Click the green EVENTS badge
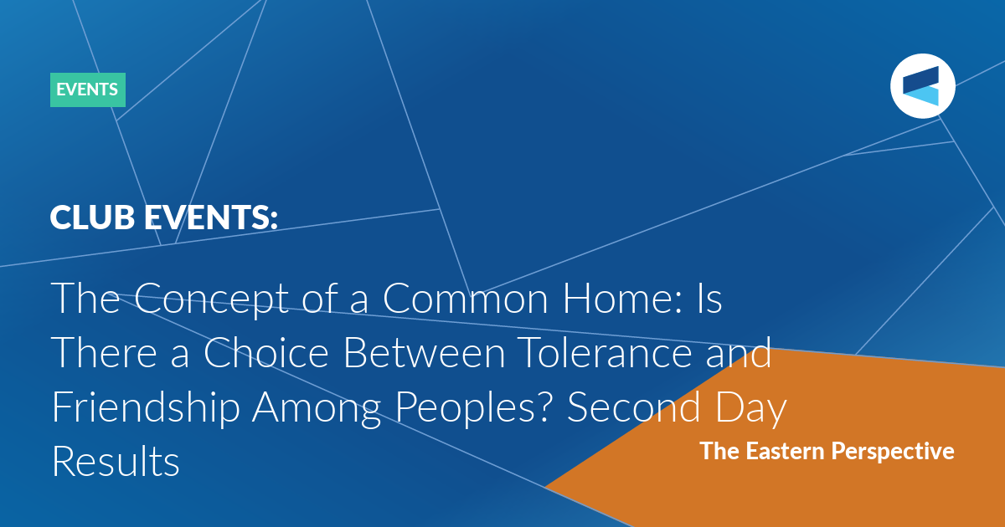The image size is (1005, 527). click(88, 90)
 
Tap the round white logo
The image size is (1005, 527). click(923, 86)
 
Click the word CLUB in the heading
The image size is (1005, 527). click(92, 217)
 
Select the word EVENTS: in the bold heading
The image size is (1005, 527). click(211, 217)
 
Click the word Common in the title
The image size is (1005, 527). click(466, 299)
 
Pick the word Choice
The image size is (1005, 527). click(266, 352)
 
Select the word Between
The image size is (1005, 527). click(425, 352)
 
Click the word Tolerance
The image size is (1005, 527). click(606, 352)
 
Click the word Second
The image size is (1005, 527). click(633, 407)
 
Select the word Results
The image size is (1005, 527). click(116, 461)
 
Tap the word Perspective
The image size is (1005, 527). click(893, 452)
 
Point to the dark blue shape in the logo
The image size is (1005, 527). click(921, 79)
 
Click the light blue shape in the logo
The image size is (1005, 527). click(921, 96)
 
